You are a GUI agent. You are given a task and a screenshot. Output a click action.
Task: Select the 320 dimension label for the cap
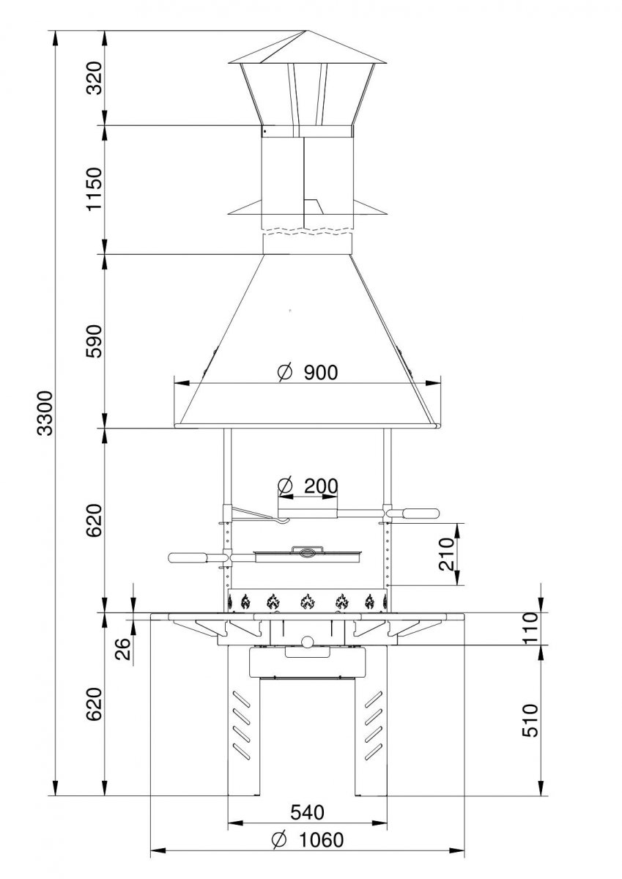tap(95, 78)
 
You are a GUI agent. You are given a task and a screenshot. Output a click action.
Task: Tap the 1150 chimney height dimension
tap(95, 189)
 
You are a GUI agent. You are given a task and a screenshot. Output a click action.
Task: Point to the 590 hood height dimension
tap(95, 341)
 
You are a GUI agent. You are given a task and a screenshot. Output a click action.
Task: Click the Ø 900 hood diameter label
tap(308, 372)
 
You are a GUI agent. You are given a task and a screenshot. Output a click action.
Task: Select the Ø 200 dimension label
tap(308, 486)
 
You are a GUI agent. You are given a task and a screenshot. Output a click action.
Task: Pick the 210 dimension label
tap(447, 554)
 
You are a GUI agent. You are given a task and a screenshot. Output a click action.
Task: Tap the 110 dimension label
tap(530, 628)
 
